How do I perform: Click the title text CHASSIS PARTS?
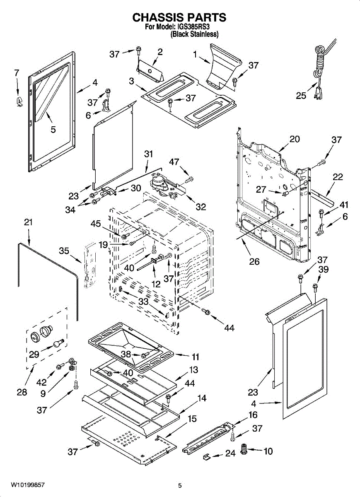(x=179, y=17)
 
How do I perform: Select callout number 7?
(x=17, y=73)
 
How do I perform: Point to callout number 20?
(x=295, y=139)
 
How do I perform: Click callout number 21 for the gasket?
(x=28, y=222)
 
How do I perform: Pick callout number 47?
(x=174, y=161)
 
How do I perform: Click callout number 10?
(x=268, y=451)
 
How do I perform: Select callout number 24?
(x=230, y=454)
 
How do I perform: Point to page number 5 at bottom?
(x=180, y=485)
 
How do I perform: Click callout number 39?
(x=323, y=270)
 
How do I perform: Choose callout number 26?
(x=254, y=261)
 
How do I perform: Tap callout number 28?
(x=22, y=392)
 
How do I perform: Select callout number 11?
(x=195, y=357)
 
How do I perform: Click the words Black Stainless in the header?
(x=195, y=34)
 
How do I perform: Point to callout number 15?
(x=192, y=419)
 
